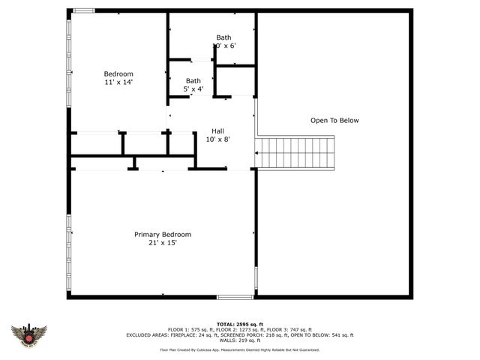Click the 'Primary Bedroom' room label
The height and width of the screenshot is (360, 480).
click(x=163, y=234)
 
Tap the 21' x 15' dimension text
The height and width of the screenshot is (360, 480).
click(x=163, y=242)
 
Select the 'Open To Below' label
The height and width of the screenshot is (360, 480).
click(x=334, y=120)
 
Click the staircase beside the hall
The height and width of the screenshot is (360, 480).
click(x=295, y=152)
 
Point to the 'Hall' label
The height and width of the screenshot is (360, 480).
click(x=217, y=130)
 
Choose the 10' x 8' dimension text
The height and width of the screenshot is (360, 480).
click(x=217, y=139)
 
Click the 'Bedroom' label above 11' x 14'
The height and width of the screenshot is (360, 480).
click(x=118, y=73)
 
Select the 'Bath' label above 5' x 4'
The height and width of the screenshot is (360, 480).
click(x=193, y=81)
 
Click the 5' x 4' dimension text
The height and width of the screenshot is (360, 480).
click(x=193, y=89)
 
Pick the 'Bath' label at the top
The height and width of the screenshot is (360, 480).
click(x=224, y=37)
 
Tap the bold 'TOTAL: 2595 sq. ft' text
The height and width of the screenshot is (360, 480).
click(x=239, y=324)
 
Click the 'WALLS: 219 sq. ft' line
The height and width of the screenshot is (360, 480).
click(x=239, y=340)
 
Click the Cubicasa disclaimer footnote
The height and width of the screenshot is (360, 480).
click(x=239, y=349)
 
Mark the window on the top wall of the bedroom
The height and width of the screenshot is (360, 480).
click(x=84, y=10)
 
